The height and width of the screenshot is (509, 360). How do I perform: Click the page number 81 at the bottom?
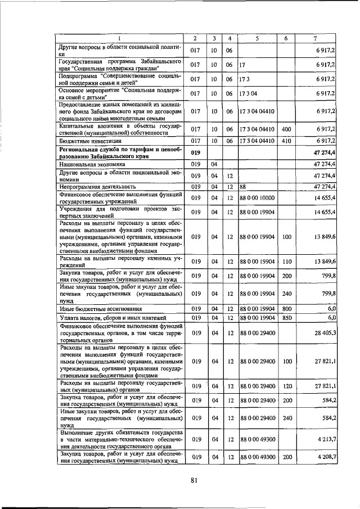pos(194,480)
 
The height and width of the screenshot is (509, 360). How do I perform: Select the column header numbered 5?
pos(256,38)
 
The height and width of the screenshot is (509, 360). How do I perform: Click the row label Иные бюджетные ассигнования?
pos(92,309)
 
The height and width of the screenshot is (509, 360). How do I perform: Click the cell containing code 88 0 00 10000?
pos(258,198)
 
